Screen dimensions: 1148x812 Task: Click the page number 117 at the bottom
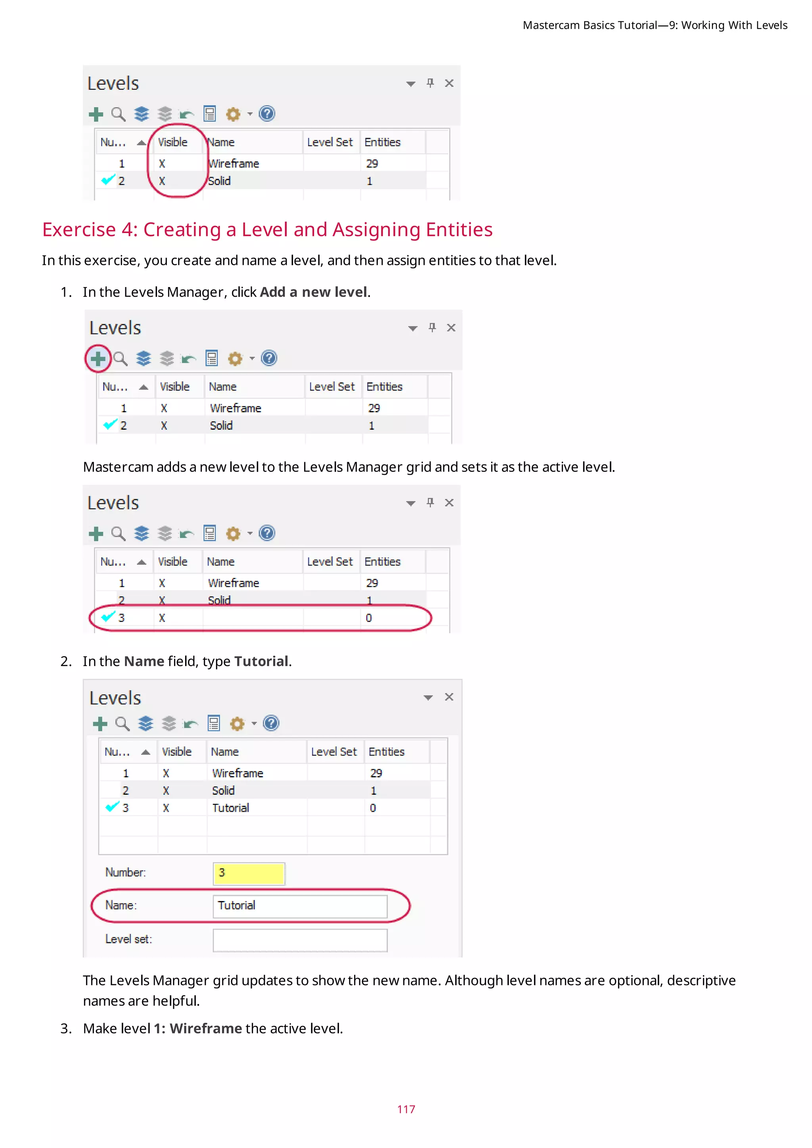click(406, 1109)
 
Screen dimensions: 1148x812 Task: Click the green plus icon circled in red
click(98, 358)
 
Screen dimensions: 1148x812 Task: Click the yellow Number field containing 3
click(249, 873)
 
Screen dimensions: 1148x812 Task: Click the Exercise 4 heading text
click(267, 230)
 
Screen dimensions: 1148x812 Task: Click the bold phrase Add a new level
click(314, 292)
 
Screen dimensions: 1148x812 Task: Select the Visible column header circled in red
click(173, 142)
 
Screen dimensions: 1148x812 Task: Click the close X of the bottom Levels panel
click(449, 697)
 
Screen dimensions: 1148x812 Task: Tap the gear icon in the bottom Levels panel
click(237, 723)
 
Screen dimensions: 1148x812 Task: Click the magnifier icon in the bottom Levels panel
click(122, 723)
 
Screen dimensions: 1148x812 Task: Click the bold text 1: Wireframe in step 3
click(197, 1029)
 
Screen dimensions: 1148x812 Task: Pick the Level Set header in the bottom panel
click(333, 752)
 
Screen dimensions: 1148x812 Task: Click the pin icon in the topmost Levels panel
click(430, 83)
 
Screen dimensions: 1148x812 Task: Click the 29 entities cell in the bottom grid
click(376, 773)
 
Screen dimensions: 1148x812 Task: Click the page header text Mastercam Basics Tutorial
click(590, 25)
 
